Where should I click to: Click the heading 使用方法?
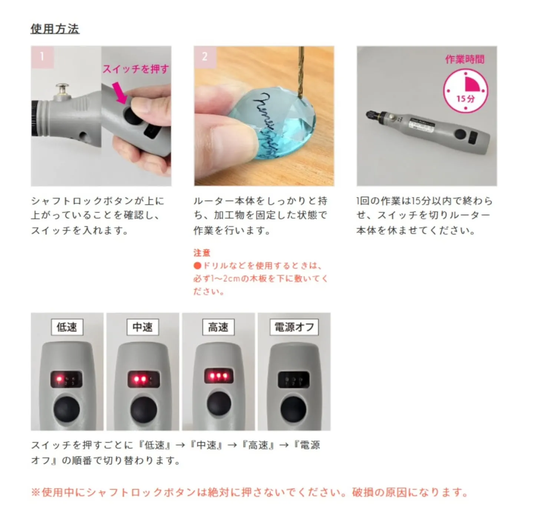point(55,29)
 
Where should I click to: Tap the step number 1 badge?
point(42,57)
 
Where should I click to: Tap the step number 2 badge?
point(205,57)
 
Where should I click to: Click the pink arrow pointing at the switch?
point(120,93)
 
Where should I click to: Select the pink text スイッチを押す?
point(136,69)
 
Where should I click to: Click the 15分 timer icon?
point(465,91)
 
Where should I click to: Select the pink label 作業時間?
point(465,59)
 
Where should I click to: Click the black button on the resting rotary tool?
point(461,134)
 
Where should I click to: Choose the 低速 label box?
point(67,327)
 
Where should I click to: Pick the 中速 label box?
point(143,327)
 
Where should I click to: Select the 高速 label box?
point(218,327)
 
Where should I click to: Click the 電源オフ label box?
point(294,327)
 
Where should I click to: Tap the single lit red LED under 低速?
point(58,379)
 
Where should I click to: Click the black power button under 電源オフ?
point(293,409)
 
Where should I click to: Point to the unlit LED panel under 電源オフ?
point(293,380)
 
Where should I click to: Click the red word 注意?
point(202,253)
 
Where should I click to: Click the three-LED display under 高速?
point(219,376)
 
